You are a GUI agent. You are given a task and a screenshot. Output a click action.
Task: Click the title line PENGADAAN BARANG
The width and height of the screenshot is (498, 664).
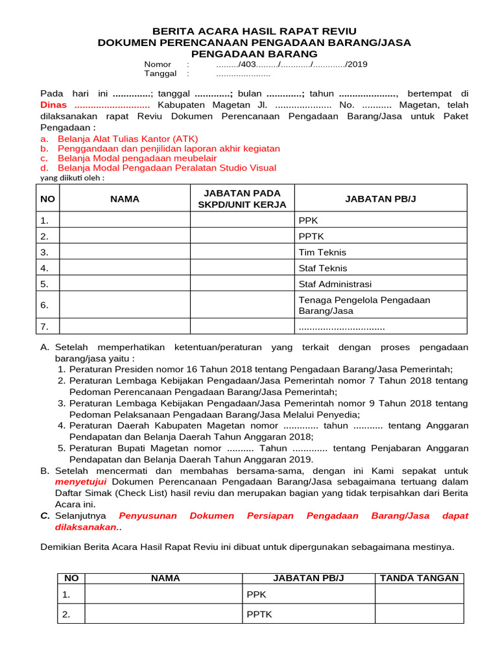(254, 54)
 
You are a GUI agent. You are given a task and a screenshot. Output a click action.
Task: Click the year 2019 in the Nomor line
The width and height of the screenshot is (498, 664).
(357, 64)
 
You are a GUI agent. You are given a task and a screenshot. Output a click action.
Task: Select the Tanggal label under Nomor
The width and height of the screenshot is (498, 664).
(160, 74)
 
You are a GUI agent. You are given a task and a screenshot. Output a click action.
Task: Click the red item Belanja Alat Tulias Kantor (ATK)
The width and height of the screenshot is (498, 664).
(128, 139)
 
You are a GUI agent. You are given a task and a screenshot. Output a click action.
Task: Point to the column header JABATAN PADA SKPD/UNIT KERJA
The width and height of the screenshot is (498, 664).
(242, 198)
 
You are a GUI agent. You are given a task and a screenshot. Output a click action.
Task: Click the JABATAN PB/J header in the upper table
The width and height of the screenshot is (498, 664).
(381, 198)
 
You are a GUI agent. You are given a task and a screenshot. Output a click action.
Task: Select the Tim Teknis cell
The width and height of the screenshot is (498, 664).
(322, 252)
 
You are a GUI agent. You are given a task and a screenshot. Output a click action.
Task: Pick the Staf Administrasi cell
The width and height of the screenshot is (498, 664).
(335, 284)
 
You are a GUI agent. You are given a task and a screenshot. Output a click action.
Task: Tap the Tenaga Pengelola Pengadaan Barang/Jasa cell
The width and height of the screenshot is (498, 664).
(364, 305)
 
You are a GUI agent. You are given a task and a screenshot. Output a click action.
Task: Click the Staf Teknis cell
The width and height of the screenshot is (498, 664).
(323, 268)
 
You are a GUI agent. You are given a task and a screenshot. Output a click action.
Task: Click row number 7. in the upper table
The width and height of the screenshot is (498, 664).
(45, 326)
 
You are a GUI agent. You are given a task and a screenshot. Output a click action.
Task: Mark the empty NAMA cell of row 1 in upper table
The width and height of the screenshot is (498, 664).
(124, 220)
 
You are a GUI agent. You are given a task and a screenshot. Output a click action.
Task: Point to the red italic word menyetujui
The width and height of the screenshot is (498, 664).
(81, 482)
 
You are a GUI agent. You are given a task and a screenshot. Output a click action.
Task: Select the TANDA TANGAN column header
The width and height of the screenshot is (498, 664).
(419, 578)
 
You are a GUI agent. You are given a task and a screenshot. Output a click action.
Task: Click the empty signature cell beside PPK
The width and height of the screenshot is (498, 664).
(419, 594)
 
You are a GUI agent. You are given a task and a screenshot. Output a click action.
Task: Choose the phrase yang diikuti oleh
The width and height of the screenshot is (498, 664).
(72, 178)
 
